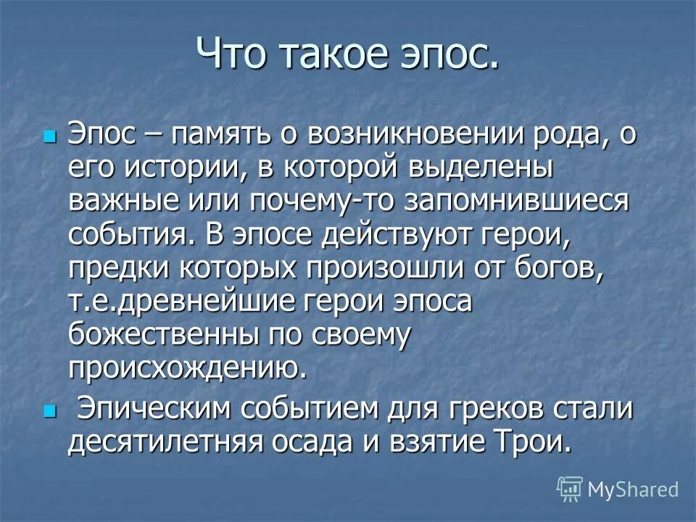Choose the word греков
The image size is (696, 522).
(x=495, y=410)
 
